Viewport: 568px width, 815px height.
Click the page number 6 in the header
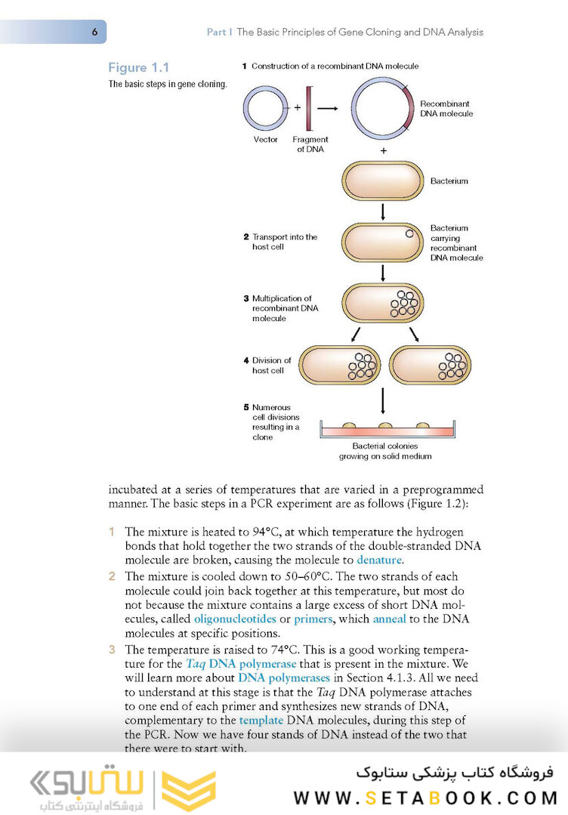point(94,32)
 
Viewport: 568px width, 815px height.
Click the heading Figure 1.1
point(138,68)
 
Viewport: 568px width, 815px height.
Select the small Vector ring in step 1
point(266,107)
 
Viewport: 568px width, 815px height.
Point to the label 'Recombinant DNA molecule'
point(446,108)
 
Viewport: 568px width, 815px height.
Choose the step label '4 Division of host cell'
point(271,366)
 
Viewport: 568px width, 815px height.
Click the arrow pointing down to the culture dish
point(384,400)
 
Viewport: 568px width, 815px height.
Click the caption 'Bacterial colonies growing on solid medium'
point(385,451)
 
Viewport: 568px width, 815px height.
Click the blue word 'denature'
point(380,560)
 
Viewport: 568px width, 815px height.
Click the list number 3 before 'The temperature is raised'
point(112,649)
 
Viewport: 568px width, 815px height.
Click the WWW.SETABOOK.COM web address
point(425,798)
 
